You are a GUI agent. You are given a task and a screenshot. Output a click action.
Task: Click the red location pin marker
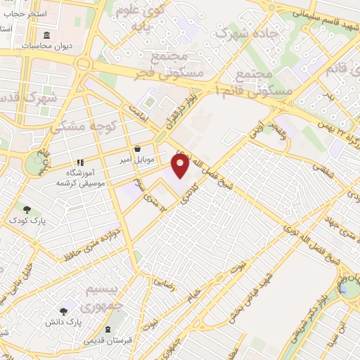click(x=180, y=165)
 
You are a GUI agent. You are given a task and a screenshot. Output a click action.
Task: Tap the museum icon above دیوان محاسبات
click(x=46, y=35)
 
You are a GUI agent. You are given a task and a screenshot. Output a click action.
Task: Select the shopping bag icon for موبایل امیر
click(x=136, y=148)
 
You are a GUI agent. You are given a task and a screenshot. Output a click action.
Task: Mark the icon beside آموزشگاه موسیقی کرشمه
click(x=81, y=160)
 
